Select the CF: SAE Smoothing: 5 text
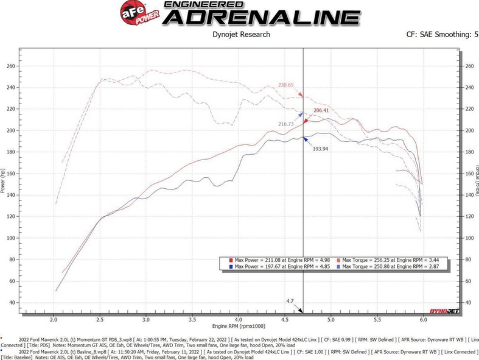[x=438, y=35]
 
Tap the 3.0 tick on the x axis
[x=146, y=318]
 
